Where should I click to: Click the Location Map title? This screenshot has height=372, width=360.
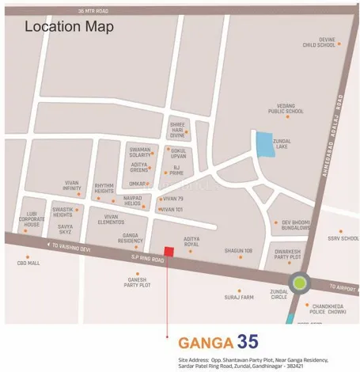tap(69, 27)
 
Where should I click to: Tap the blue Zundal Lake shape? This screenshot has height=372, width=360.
tap(262, 146)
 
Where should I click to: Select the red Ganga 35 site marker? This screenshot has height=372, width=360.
tap(168, 252)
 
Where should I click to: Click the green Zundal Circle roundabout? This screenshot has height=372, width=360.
tap(300, 282)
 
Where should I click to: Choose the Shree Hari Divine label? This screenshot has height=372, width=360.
tap(176, 130)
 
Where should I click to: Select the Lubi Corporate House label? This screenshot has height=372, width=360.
tap(31, 219)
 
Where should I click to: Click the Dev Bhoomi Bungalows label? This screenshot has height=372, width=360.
tap(299, 226)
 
